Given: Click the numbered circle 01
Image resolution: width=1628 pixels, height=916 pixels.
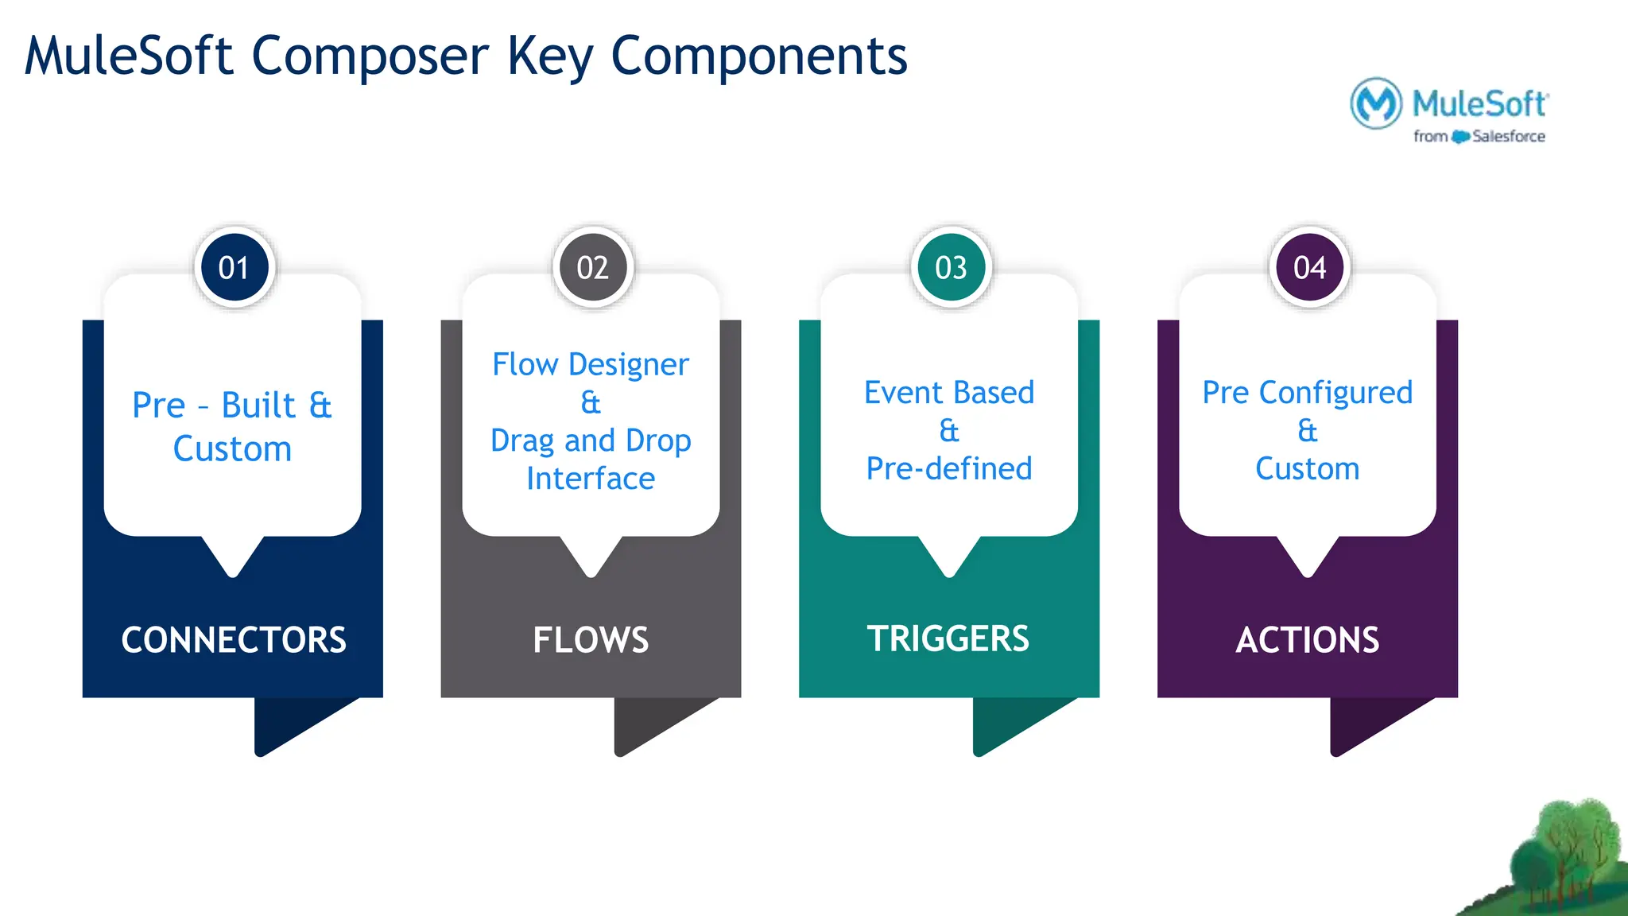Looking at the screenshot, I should point(234,268).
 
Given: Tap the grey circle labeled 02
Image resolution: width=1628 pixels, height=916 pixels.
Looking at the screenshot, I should point(592,268).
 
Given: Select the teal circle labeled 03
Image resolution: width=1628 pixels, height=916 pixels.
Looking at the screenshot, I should point(951,268).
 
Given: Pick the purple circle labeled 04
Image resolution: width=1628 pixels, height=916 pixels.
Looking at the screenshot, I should point(1309,268).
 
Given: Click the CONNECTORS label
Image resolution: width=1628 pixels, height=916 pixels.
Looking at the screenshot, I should point(234,640).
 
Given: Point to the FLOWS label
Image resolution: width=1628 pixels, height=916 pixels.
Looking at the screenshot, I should point(591,640).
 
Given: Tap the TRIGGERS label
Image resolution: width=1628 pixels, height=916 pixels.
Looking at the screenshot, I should point(948,638).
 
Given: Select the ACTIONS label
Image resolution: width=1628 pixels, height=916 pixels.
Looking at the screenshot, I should point(1308,640).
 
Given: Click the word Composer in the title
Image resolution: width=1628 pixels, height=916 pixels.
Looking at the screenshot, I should point(370,57).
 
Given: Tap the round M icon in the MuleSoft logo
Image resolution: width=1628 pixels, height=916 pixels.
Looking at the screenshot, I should point(1376,103).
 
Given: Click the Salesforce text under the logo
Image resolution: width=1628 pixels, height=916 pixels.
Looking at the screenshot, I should point(1508,137).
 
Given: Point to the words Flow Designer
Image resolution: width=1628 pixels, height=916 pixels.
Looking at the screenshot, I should point(590,365).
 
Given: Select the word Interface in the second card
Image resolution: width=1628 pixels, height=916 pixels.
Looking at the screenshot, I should point(591,479).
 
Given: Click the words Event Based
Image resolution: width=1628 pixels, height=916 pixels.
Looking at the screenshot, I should point(949,393).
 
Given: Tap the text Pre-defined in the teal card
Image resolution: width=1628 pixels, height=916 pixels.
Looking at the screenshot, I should point(949,469).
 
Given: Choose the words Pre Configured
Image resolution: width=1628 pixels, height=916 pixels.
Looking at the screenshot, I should point(1308,393).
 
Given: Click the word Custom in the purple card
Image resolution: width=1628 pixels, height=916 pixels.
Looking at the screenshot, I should point(1308,469).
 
